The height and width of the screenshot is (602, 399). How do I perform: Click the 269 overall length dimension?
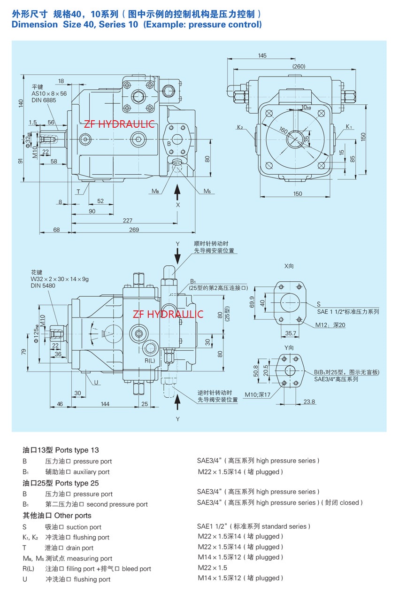coord(134,230)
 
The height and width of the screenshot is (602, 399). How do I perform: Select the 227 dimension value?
coord(127,220)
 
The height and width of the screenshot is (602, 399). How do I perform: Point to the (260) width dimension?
coord(299,66)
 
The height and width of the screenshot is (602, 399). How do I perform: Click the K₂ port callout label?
coord(240,127)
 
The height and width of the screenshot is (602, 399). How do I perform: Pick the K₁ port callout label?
coord(349,127)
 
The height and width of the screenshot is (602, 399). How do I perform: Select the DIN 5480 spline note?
coord(43,286)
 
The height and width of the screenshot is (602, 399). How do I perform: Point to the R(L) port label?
coord(149,360)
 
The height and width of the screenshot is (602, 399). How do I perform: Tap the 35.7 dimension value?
coord(291,333)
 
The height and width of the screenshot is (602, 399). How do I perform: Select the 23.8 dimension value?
coord(309,401)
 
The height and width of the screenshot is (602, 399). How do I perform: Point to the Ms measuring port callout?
coord(207,192)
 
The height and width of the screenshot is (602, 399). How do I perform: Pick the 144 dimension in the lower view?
coord(105,404)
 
